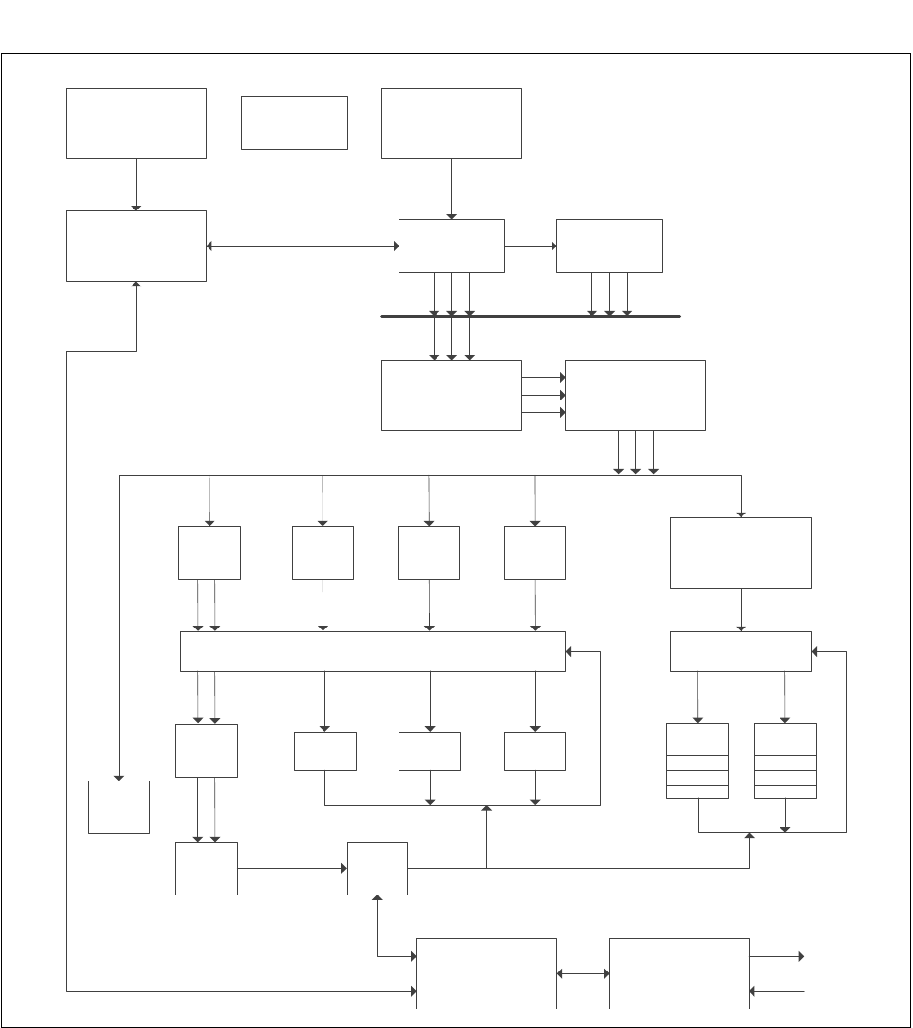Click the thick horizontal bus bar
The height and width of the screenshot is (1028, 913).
point(530,316)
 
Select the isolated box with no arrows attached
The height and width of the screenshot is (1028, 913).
point(293,123)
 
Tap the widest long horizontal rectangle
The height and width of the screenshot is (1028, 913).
point(373,651)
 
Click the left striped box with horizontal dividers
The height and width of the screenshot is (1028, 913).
point(697,761)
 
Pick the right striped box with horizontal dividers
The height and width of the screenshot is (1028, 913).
point(785,761)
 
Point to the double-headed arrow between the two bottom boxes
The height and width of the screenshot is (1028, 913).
point(583,973)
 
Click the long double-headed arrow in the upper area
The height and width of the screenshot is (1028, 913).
point(302,246)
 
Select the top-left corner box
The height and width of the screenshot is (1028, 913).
point(136,123)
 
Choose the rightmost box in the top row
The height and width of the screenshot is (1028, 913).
point(451,123)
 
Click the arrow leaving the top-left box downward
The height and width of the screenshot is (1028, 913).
point(136,184)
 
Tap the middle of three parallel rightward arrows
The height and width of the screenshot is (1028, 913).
point(544,395)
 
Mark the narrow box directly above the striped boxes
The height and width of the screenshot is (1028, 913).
point(741,651)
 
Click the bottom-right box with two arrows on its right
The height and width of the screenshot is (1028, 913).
point(679,973)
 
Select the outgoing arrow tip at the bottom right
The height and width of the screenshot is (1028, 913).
point(801,957)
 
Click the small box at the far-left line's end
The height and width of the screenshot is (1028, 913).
point(119,807)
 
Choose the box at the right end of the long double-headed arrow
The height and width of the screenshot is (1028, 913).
point(451,246)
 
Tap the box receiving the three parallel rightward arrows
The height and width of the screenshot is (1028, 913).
point(635,395)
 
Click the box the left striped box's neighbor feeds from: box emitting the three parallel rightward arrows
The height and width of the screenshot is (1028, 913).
point(451,395)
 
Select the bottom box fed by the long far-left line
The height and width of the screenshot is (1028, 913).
point(486,973)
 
